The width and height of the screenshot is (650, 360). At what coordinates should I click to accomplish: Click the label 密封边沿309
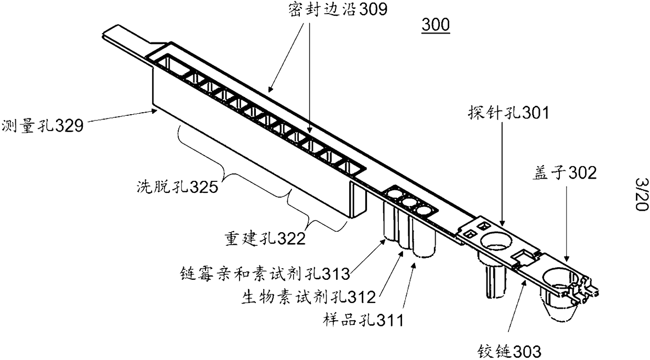[330, 9]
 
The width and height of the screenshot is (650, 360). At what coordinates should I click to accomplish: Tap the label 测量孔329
[42, 126]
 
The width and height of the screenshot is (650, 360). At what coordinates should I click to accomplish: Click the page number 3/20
[641, 193]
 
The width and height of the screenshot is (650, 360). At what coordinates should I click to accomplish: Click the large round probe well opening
[495, 242]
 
